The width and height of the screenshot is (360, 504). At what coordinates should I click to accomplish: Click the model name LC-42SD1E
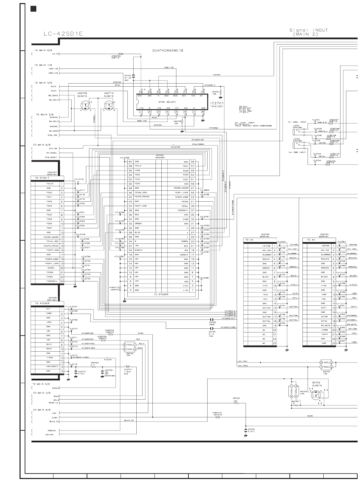pyautogui.click(x=63, y=34)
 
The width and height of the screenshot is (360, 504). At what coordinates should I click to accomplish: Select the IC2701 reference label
pyautogui.click(x=216, y=103)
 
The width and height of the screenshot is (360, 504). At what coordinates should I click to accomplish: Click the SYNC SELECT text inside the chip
pyautogui.click(x=167, y=102)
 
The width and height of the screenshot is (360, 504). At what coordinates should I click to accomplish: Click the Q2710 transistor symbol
pyautogui.click(x=110, y=106)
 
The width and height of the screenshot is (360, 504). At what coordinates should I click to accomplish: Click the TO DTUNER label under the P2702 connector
pyautogui.click(x=161, y=294)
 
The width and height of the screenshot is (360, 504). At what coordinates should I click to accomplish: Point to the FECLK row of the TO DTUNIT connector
pyautogui.click(x=50, y=184)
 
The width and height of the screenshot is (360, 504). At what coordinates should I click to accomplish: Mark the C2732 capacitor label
pyautogui.click(x=251, y=429)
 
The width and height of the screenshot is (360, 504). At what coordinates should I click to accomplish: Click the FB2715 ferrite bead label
pyautogui.click(x=217, y=413)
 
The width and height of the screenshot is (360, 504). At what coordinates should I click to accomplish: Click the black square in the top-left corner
pyautogui.click(x=33, y=9)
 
